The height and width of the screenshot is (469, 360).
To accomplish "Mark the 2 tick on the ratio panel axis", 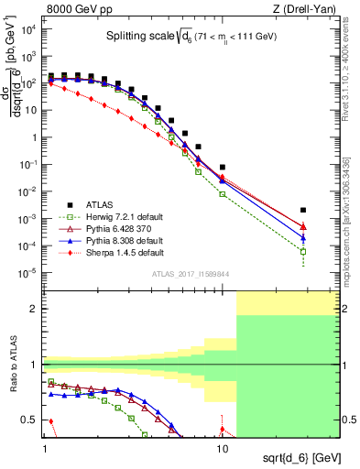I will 37,309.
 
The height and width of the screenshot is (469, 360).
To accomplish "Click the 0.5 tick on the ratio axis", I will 34,420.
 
